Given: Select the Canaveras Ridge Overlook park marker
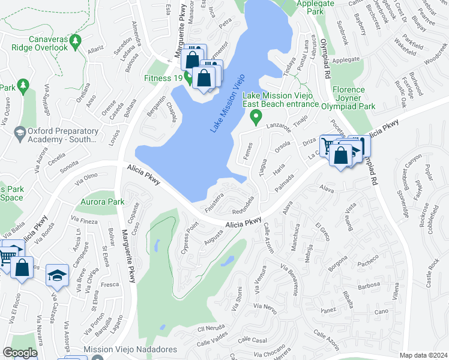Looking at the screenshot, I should click(x=75, y=40).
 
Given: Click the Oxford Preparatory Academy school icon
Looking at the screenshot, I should click(x=20, y=131).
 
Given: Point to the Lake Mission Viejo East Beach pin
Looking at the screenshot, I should click(x=256, y=116).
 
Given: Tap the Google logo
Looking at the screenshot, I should click(x=20, y=353).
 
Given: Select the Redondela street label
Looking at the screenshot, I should click(x=247, y=204).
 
